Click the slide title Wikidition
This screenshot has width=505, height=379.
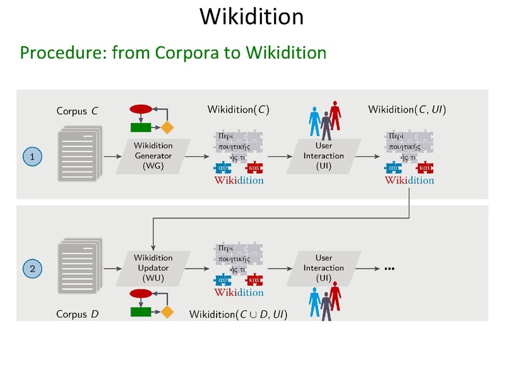[x=251, y=16]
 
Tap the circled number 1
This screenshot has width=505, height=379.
[x=32, y=155]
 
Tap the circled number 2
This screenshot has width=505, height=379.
[x=32, y=268]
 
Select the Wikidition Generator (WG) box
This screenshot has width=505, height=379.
[x=153, y=155]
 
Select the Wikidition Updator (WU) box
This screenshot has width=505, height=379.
[x=153, y=268]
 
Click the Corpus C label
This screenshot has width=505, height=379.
[x=77, y=111]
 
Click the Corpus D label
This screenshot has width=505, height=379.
[x=77, y=313]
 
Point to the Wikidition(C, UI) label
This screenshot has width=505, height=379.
[x=407, y=110]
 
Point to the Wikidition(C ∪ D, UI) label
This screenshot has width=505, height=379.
[x=239, y=313]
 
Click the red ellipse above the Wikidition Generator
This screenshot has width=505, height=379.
[x=141, y=109]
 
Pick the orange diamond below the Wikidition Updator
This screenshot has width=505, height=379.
[x=167, y=311]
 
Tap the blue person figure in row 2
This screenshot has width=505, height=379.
[x=314, y=301]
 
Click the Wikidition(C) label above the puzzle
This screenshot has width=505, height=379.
[x=238, y=110]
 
